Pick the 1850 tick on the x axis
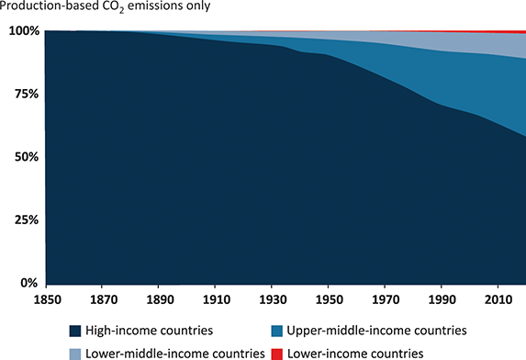[46, 299]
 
